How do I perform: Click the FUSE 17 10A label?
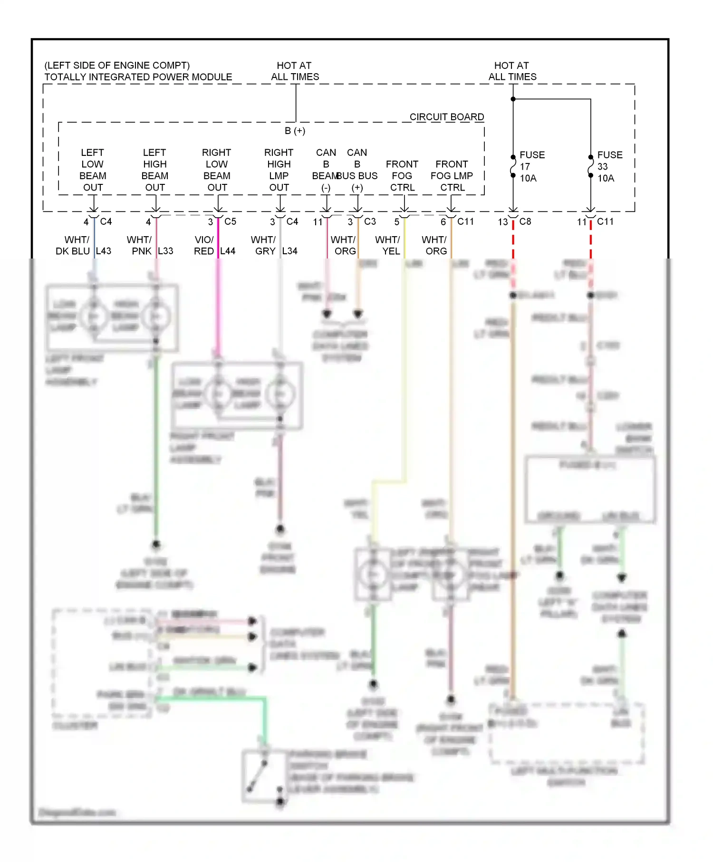point(531,166)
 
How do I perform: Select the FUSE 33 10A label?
point(609,166)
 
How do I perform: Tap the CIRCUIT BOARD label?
point(446,117)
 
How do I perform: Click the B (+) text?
point(295,131)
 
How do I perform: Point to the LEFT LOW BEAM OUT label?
point(93,170)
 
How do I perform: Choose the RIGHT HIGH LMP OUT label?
point(279,170)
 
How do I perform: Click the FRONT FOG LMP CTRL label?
point(452,175)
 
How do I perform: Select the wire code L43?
point(104,251)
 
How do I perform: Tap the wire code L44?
point(228,251)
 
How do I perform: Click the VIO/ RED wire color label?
point(204,245)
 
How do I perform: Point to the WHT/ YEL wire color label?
point(388,245)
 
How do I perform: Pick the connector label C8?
point(525,221)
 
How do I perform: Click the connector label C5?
point(230,221)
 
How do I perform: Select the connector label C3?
point(370,221)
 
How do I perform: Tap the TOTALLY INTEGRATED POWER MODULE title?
point(138,77)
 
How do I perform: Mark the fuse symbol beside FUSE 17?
point(513,166)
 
